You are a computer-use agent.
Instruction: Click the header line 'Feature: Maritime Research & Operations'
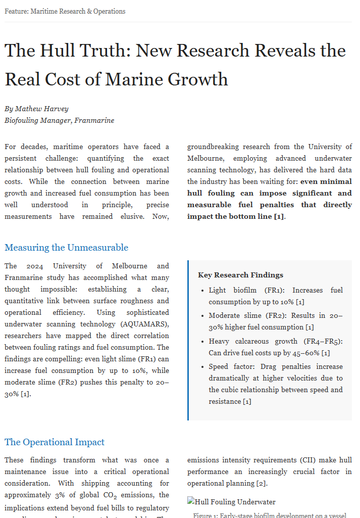point(65,11)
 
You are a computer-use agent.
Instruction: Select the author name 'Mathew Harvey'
point(41,109)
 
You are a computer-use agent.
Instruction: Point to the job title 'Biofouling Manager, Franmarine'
point(59,120)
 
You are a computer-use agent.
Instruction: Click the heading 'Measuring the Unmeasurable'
point(66,248)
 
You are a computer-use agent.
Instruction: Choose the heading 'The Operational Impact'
point(55,442)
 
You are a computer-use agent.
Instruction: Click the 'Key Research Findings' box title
point(240,275)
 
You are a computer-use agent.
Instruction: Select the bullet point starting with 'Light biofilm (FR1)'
point(275,296)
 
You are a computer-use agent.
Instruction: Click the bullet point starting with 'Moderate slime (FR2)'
point(275,321)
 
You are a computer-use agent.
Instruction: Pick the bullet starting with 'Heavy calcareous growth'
point(275,347)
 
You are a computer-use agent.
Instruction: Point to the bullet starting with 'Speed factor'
point(275,384)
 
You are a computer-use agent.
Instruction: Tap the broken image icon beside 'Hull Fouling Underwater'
point(191,502)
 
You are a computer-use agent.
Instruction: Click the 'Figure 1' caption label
point(206,515)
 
